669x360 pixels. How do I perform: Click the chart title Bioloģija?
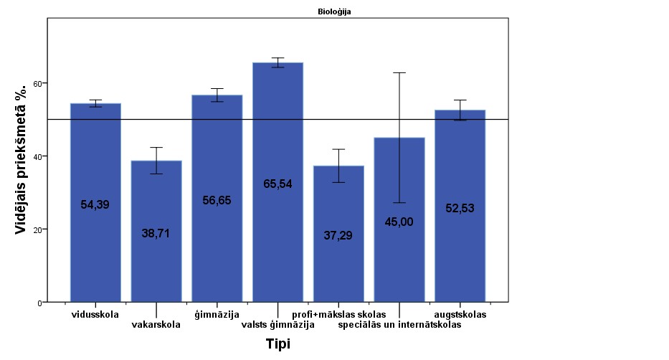[334, 11]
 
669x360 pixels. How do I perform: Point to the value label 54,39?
[95, 204]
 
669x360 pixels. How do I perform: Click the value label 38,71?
[156, 233]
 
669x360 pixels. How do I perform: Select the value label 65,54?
[277, 184]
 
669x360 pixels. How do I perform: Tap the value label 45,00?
[399, 222]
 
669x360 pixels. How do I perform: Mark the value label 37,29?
[338, 235]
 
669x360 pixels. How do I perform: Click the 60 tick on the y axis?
[39, 83]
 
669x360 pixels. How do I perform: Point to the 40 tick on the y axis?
[39, 156]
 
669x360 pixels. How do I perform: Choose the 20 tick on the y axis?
[39, 229]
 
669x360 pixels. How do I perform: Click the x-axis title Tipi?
[278, 344]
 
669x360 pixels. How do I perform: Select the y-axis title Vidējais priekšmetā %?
[22, 158]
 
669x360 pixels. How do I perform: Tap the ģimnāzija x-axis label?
[217, 314]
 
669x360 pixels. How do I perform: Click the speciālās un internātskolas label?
[399, 324]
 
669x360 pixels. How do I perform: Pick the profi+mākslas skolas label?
[338, 314]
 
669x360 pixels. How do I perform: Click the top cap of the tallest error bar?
[399, 72]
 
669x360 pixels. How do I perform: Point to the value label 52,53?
[460, 208]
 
